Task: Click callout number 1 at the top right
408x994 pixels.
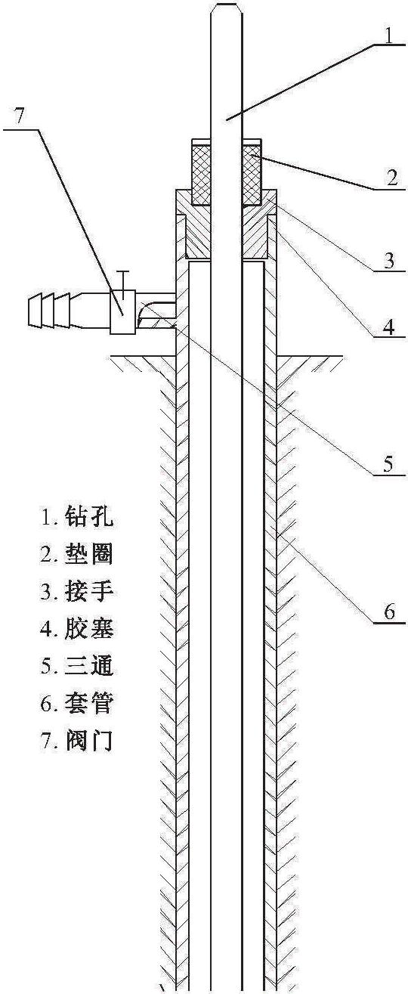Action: point(388,36)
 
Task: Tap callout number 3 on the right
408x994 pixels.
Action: point(389,261)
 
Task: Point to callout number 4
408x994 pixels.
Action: point(388,328)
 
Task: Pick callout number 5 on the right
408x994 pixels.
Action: point(388,463)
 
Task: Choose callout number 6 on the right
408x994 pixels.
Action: point(389,612)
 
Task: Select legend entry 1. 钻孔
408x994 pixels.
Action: point(77,516)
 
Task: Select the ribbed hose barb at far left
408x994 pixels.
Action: point(48,310)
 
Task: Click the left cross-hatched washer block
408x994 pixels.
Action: point(201,175)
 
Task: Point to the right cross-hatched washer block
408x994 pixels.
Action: point(252,175)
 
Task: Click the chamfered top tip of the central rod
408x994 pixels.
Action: point(227,5)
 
